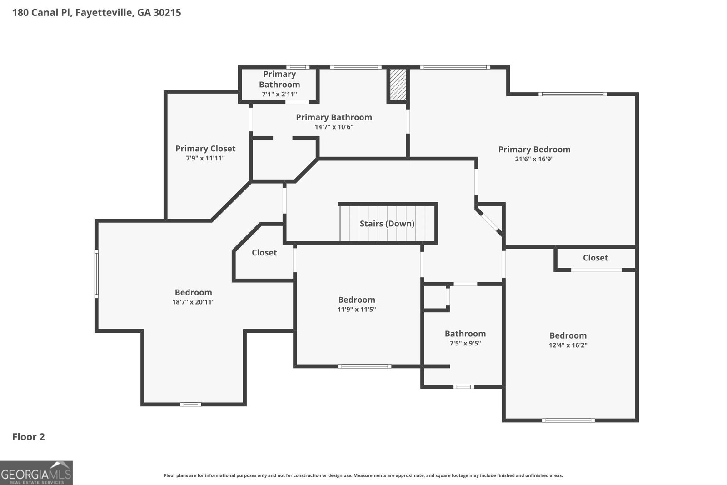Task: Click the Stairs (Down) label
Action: pos(387,224)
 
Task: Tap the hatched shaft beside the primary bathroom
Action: pos(398,85)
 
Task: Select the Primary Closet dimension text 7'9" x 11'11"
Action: pos(205,159)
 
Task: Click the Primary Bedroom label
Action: pos(534,150)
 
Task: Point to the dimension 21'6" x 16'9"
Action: pos(534,159)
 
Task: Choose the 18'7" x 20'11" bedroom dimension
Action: pos(194,302)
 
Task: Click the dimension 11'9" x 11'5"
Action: pos(356,310)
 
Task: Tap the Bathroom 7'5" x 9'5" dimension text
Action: pos(465,344)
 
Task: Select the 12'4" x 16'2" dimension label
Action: pos(568,345)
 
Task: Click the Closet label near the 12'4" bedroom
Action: pos(595,258)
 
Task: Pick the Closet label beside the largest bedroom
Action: pos(264,253)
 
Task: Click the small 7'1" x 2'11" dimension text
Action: pos(279,95)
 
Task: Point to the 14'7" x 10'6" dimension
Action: pos(334,127)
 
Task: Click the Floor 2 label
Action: pos(29,437)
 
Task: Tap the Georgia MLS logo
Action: pos(36,473)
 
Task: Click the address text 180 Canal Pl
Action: pos(42,13)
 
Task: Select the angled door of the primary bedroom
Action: pos(489,221)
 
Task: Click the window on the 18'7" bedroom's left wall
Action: pos(96,274)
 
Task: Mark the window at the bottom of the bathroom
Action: pos(463,387)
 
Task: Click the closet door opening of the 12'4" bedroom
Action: pos(596,270)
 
